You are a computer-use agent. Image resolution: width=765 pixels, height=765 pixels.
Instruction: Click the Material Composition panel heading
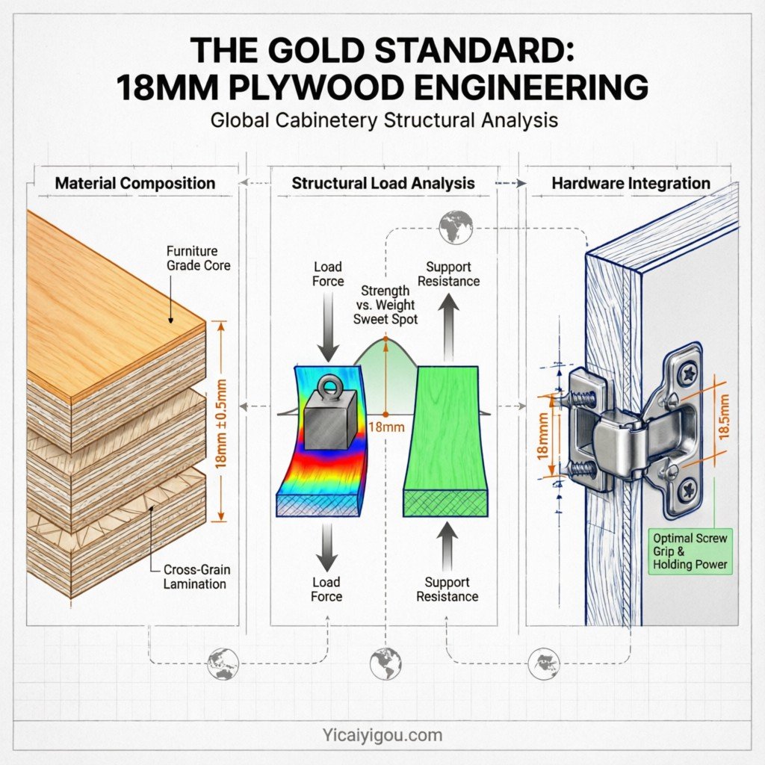point(135,183)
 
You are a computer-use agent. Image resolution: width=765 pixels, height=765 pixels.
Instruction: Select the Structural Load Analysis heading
point(382,183)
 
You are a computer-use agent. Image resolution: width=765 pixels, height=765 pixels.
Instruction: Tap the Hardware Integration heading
point(631,183)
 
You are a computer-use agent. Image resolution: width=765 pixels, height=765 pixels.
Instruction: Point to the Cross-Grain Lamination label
point(196,576)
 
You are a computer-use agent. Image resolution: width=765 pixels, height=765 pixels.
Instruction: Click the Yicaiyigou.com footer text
point(382,735)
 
